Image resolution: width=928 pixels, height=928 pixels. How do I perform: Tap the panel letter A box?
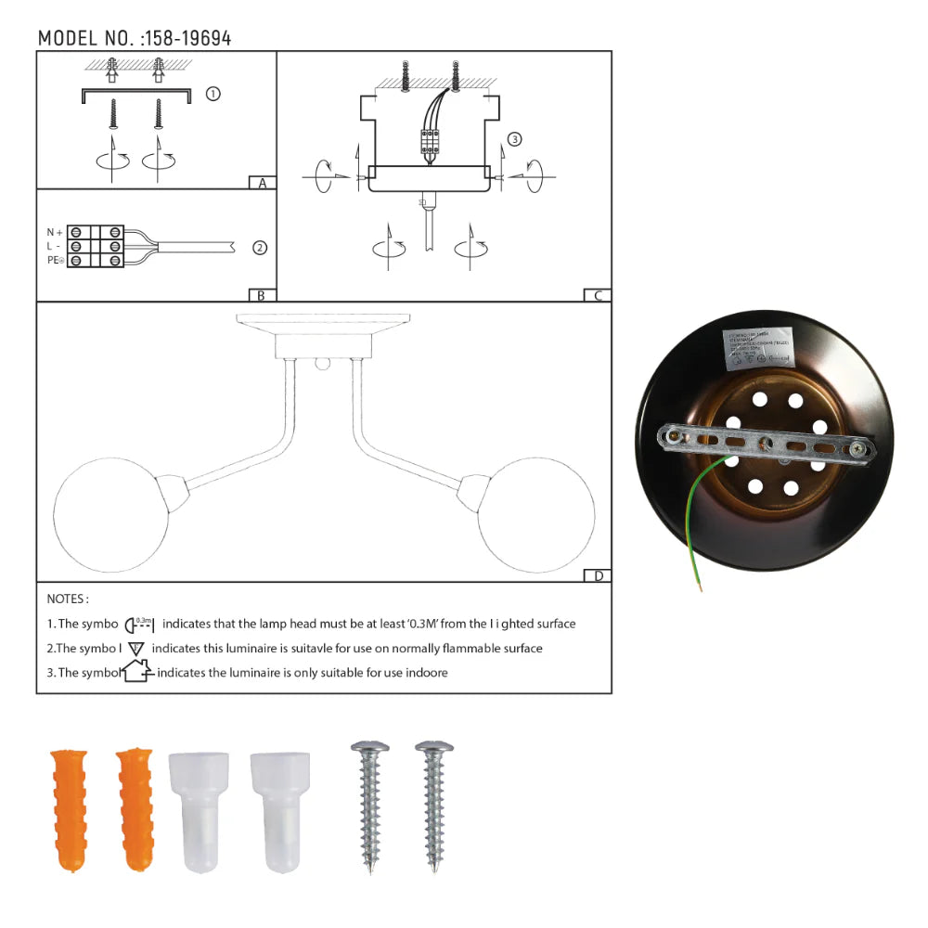[x=263, y=183]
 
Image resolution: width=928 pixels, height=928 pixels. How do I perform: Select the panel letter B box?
[x=263, y=296]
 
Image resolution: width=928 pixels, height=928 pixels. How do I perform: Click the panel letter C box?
[x=598, y=296]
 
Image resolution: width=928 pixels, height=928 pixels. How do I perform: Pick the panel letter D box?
[x=598, y=576]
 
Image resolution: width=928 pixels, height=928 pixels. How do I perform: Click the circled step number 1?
[x=213, y=94]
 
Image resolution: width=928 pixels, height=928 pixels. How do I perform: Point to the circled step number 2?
[x=260, y=247]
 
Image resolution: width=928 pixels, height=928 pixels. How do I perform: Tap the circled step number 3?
[x=515, y=139]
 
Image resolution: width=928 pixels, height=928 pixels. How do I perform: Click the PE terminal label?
[x=55, y=262]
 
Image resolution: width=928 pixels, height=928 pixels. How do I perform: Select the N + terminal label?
[x=55, y=232]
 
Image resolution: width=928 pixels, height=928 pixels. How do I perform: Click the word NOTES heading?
[x=68, y=599]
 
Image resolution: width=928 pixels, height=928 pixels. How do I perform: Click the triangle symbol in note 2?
[x=137, y=649]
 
